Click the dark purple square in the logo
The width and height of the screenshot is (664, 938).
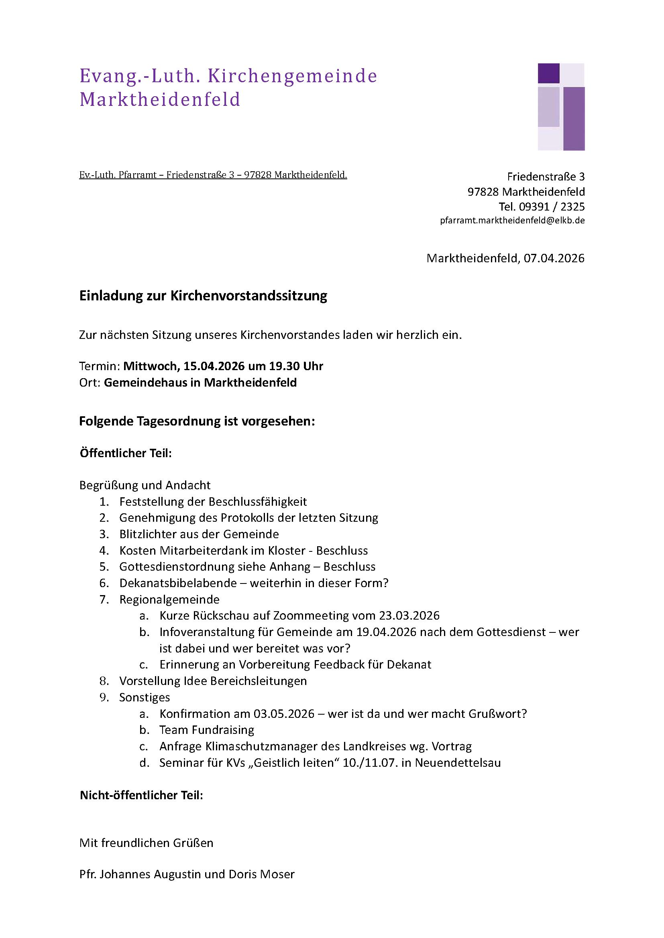pos(548,73)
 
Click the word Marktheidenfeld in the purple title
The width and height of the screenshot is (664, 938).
pos(160,100)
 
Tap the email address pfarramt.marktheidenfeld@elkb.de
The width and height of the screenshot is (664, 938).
pos(512,221)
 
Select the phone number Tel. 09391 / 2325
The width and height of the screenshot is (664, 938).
pos(541,207)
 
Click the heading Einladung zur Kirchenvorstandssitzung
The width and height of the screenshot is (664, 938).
pos(203,296)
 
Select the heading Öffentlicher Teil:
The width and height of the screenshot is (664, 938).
pos(126,453)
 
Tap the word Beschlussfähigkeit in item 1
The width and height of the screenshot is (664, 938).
pos(258,502)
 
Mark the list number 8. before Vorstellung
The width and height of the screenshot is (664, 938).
pos(104,681)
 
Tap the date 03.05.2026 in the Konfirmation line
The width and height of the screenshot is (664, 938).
pos(284,714)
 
